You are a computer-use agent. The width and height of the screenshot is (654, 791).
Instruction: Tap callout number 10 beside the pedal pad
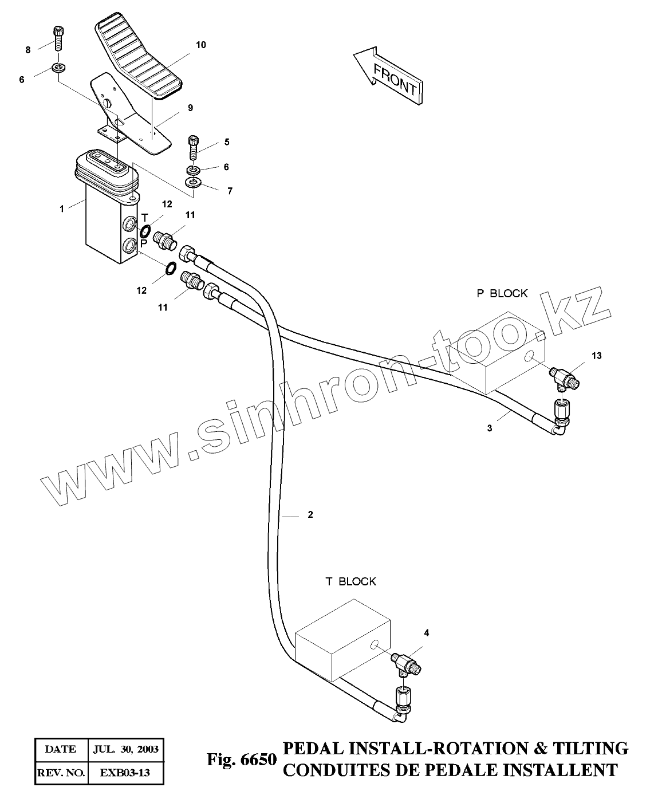(x=200, y=45)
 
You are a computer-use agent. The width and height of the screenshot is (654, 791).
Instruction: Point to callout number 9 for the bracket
(x=190, y=108)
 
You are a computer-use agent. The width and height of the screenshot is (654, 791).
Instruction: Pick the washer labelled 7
(x=193, y=183)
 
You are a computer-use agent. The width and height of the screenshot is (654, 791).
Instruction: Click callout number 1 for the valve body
(x=62, y=209)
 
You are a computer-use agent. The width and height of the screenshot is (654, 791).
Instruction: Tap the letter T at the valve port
(x=145, y=218)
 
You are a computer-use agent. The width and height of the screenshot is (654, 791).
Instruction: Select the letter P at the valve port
(x=144, y=243)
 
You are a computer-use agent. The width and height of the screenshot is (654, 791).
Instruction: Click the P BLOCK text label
(x=502, y=293)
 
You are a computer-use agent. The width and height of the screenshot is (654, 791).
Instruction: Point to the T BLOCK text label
(x=351, y=581)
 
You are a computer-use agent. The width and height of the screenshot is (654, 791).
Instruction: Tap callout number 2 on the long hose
(x=310, y=515)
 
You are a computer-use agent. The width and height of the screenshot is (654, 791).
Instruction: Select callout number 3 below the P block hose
(x=490, y=428)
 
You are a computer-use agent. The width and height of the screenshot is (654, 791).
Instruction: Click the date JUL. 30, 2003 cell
(x=125, y=749)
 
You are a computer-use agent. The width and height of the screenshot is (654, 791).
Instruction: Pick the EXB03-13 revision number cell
(x=125, y=773)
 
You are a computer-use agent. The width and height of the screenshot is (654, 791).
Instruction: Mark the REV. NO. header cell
(x=61, y=773)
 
